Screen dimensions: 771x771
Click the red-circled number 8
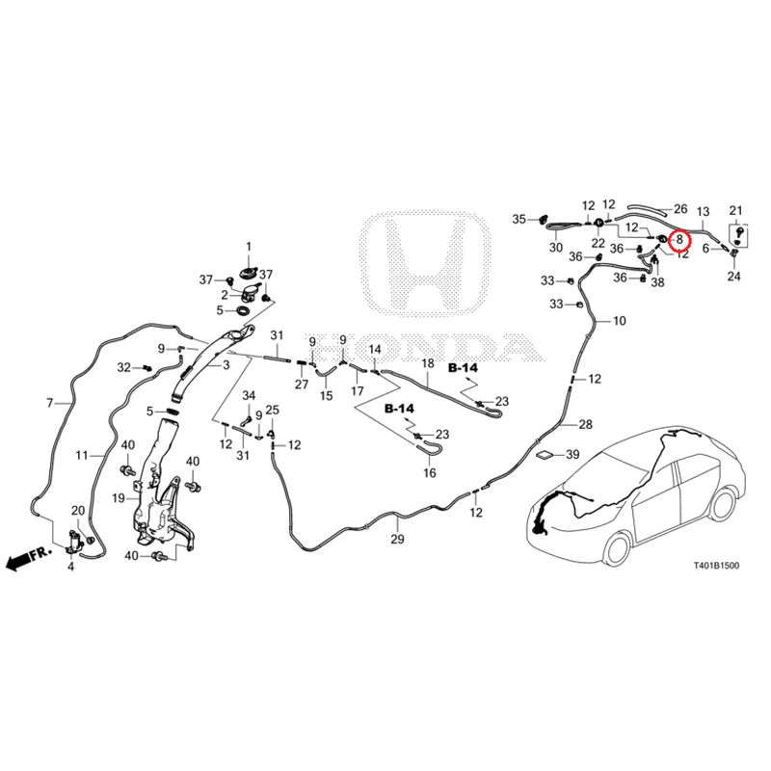point(680,240)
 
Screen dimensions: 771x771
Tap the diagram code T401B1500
point(716,566)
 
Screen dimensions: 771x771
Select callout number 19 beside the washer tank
point(119,498)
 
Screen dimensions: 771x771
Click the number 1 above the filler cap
point(249,247)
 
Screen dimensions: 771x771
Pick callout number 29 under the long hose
point(397,540)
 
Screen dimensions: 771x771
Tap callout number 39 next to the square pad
point(572,454)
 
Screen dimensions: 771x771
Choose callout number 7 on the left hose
point(50,403)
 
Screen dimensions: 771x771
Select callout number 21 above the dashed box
point(735,211)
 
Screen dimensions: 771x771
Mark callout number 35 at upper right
point(519,220)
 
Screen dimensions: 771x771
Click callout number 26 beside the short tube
point(680,209)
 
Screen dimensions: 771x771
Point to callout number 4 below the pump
point(70,567)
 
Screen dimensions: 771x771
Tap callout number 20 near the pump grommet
point(79,511)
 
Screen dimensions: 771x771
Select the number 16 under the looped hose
point(430,473)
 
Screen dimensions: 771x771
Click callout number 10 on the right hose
point(620,321)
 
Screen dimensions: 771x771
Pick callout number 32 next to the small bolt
point(124,367)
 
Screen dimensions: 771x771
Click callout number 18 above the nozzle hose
point(428,363)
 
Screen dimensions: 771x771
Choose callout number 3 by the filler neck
point(226,365)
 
